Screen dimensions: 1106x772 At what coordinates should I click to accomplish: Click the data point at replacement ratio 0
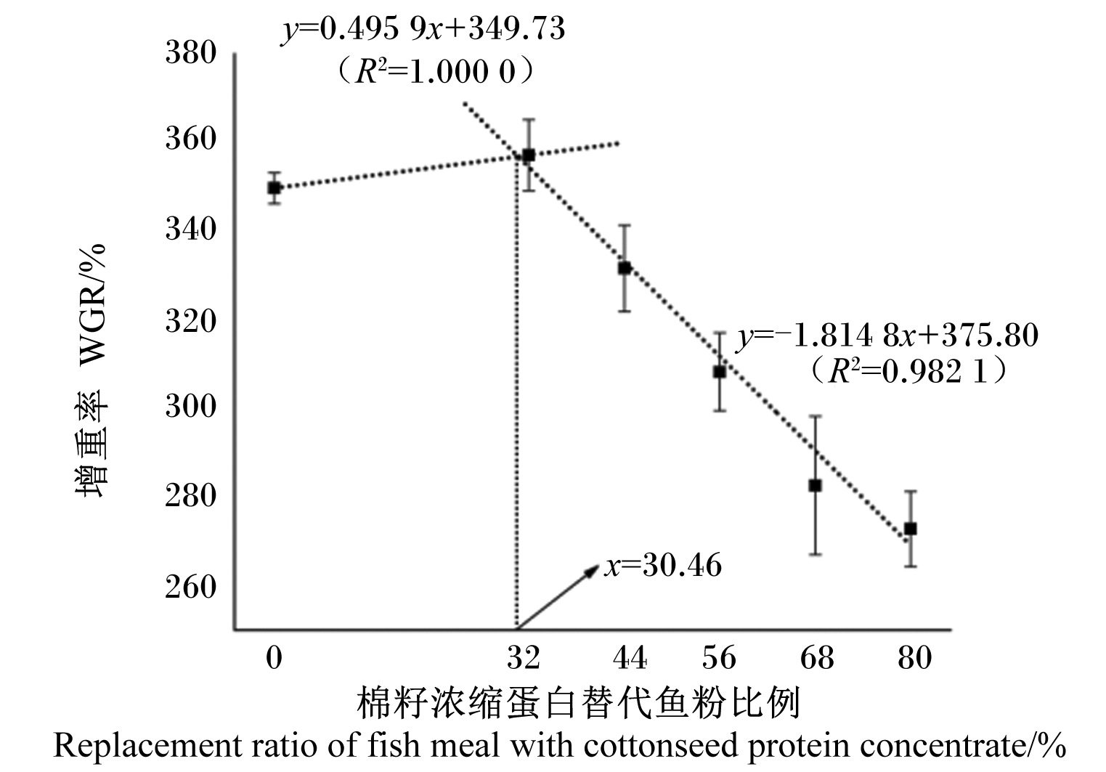point(274,187)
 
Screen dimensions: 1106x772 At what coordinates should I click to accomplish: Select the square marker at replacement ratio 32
point(529,155)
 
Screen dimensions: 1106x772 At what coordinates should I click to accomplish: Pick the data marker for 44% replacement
point(625,268)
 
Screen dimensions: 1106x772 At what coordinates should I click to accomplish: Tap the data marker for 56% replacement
point(720,372)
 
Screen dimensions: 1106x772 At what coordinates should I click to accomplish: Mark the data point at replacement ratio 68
point(816,486)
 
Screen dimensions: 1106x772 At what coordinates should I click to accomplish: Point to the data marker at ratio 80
point(910,529)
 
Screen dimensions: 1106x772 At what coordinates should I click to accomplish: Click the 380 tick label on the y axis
point(190,52)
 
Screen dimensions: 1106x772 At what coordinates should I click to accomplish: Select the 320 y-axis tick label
point(190,321)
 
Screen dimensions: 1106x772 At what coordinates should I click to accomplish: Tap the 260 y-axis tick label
point(190,587)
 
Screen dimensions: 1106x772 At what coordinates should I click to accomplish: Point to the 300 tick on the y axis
point(190,407)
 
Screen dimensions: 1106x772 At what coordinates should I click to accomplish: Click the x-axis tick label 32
point(524,658)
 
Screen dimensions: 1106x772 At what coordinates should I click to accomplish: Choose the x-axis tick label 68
point(817,658)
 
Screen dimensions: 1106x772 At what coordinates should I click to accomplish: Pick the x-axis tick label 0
point(274,658)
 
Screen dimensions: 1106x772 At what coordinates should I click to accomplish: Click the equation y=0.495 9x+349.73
point(423,30)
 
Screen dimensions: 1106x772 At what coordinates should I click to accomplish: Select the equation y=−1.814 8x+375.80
point(887,336)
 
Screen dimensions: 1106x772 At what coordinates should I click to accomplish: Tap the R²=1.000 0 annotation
point(434,72)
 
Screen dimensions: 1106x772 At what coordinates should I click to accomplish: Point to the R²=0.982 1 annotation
point(908,371)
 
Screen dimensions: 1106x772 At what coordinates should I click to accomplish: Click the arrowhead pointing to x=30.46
point(592,571)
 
